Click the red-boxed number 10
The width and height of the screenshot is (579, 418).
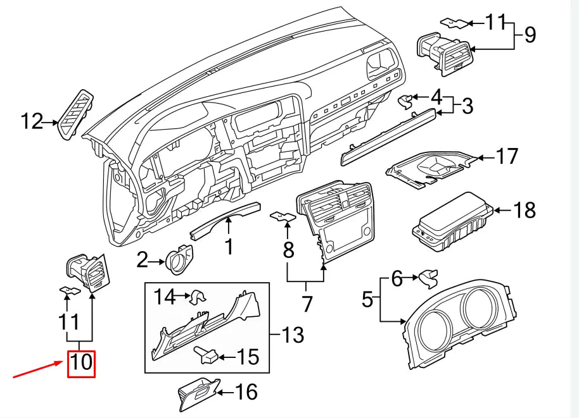pyautogui.click(x=81, y=364)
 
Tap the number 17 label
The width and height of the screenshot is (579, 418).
pyautogui.click(x=506, y=156)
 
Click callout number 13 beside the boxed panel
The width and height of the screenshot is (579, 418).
pyautogui.click(x=292, y=334)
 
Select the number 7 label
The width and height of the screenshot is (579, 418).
pyautogui.click(x=307, y=304)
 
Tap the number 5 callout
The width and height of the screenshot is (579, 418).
pyautogui.click(x=368, y=298)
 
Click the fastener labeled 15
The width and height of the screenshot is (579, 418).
pyautogui.click(x=207, y=358)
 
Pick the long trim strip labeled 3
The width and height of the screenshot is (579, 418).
pyautogui.click(x=388, y=137)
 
